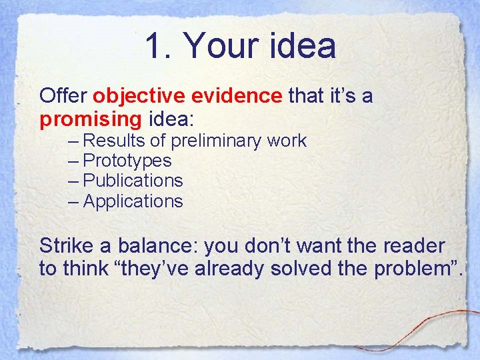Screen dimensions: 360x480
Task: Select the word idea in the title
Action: pos(303,47)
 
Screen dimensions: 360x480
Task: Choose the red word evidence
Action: pos(237,97)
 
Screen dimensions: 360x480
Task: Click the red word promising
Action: pos(91,120)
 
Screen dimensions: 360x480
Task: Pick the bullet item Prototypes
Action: pos(127,161)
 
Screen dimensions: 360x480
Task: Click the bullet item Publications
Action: pos(133,181)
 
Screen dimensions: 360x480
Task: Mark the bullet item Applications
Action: pos(133,201)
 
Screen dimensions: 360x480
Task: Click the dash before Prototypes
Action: pos(74,161)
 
